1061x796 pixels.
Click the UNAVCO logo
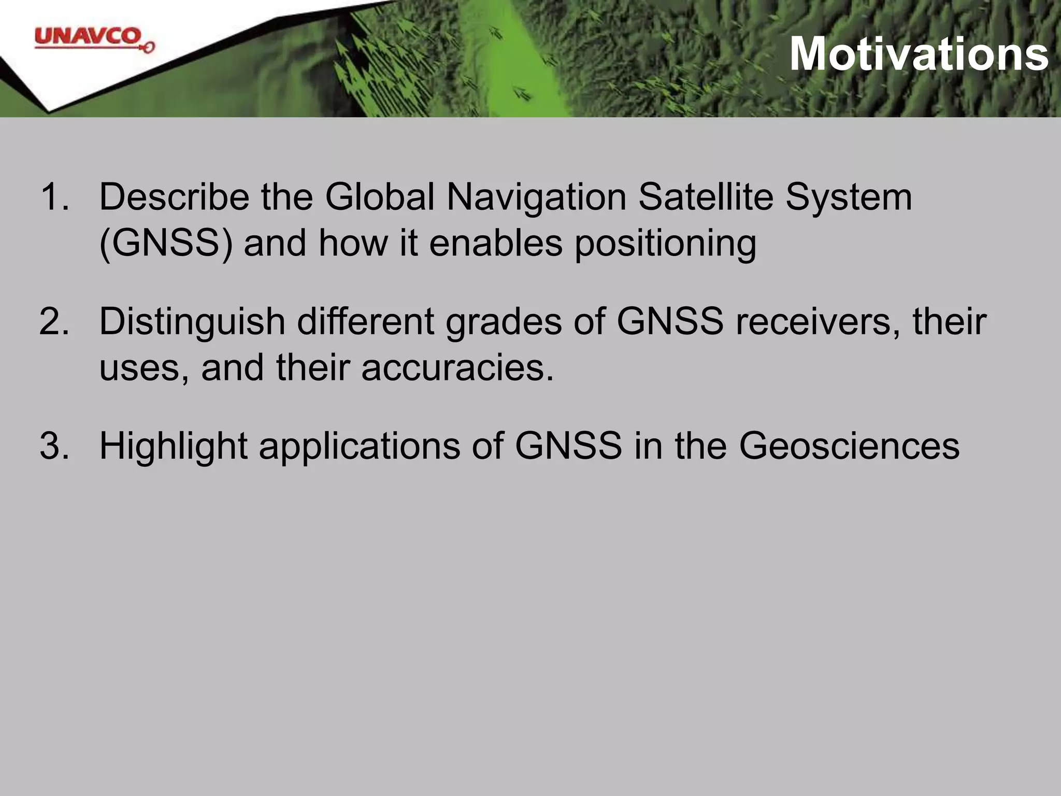(93, 39)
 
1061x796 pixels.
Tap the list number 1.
(54, 197)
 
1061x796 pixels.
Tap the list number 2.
(54, 322)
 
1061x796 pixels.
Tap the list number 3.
(54, 446)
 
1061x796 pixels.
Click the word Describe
(174, 197)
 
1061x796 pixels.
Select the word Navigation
(536, 197)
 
